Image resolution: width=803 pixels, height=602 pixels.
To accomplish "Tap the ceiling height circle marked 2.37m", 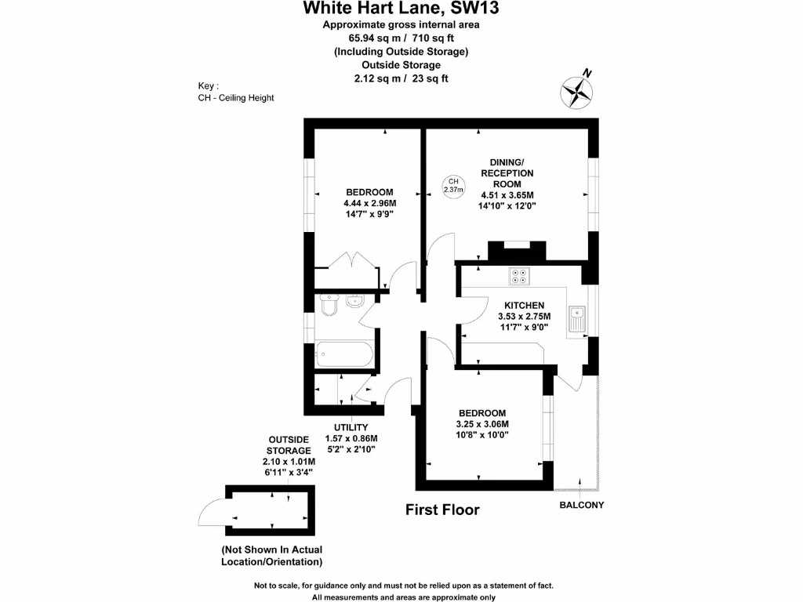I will [x=453, y=186].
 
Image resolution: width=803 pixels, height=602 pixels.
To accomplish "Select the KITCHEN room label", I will [x=524, y=305].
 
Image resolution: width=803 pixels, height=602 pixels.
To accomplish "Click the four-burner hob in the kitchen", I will [x=519, y=275].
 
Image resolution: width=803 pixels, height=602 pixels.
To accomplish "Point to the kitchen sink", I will [x=578, y=318].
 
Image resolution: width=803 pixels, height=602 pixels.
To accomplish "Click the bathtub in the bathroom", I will [x=344, y=355].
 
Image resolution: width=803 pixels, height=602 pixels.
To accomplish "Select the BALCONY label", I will [x=581, y=505].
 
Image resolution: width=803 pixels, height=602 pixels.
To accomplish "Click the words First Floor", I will [x=441, y=510].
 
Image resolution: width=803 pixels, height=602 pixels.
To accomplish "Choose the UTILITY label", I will [x=351, y=427].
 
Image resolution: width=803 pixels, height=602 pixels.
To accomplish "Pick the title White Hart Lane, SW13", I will [x=401, y=9].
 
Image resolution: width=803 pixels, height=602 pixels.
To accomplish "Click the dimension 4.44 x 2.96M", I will [x=370, y=203].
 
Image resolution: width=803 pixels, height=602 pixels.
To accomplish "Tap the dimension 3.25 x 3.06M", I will [x=482, y=424].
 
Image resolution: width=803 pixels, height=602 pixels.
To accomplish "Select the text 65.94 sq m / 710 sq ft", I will [x=401, y=38].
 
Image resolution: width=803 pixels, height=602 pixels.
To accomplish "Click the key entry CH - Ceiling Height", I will [x=236, y=98].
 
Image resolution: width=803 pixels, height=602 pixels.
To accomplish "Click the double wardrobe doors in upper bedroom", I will [x=345, y=262].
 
